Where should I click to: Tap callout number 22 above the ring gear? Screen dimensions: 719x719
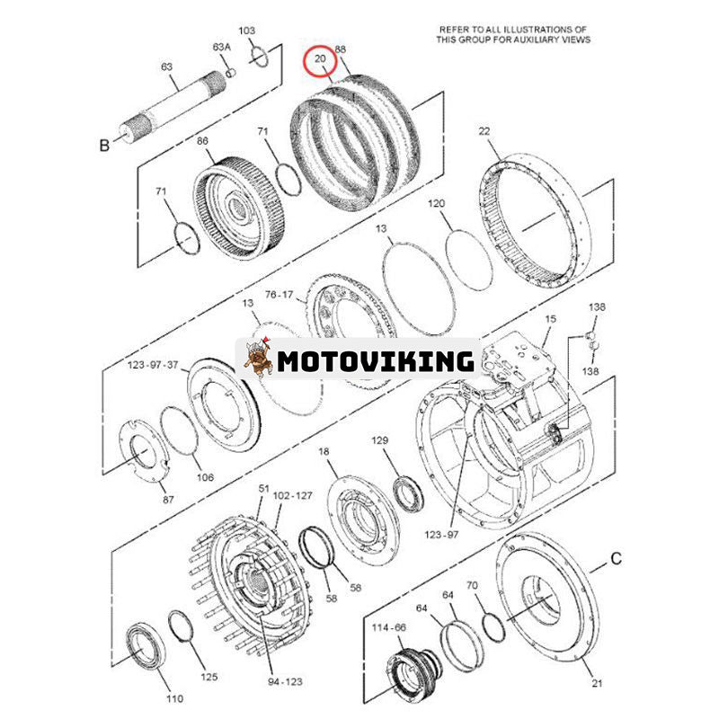click(484, 131)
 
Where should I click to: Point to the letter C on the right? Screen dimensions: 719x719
click(617, 559)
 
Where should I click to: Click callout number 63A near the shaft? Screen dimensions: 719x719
click(221, 46)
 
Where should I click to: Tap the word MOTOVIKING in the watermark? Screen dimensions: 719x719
click(375, 361)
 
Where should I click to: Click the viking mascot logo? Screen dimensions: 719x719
click(258, 359)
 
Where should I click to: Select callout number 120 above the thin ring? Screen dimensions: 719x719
click(437, 204)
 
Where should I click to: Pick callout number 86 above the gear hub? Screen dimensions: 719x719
click(203, 141)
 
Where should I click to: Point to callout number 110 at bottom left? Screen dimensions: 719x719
click(174, 698)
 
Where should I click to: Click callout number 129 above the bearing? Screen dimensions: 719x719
click(381, 439)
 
